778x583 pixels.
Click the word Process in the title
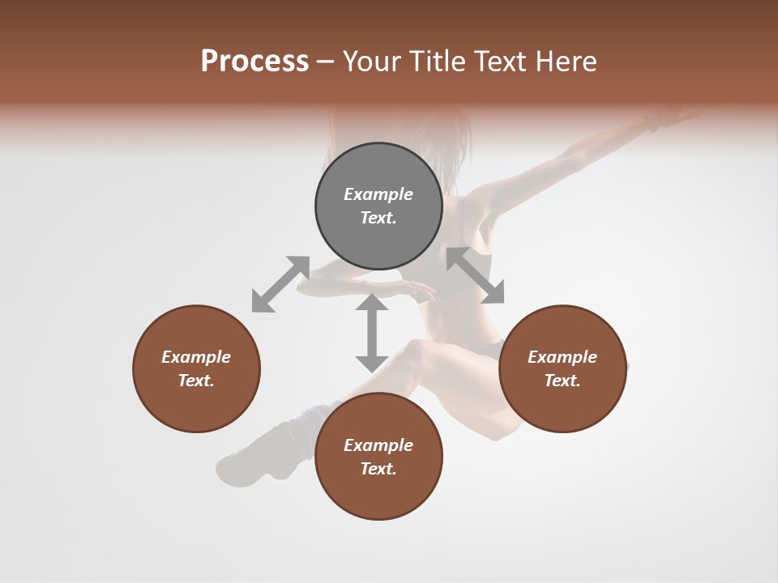point(254,62)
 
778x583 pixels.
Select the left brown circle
point(196,368)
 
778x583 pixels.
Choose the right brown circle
point(562,368)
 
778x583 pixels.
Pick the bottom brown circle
point(378,457)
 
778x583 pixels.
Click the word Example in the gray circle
point(378,194)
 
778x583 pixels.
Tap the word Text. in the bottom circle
point(378,469)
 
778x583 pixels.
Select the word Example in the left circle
point(196,357)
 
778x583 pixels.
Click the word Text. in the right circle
point(562,381)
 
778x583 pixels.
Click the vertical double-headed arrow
point(372,333)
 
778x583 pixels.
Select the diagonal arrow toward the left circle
point(280,284)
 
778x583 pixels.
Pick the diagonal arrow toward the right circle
point(476,275)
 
